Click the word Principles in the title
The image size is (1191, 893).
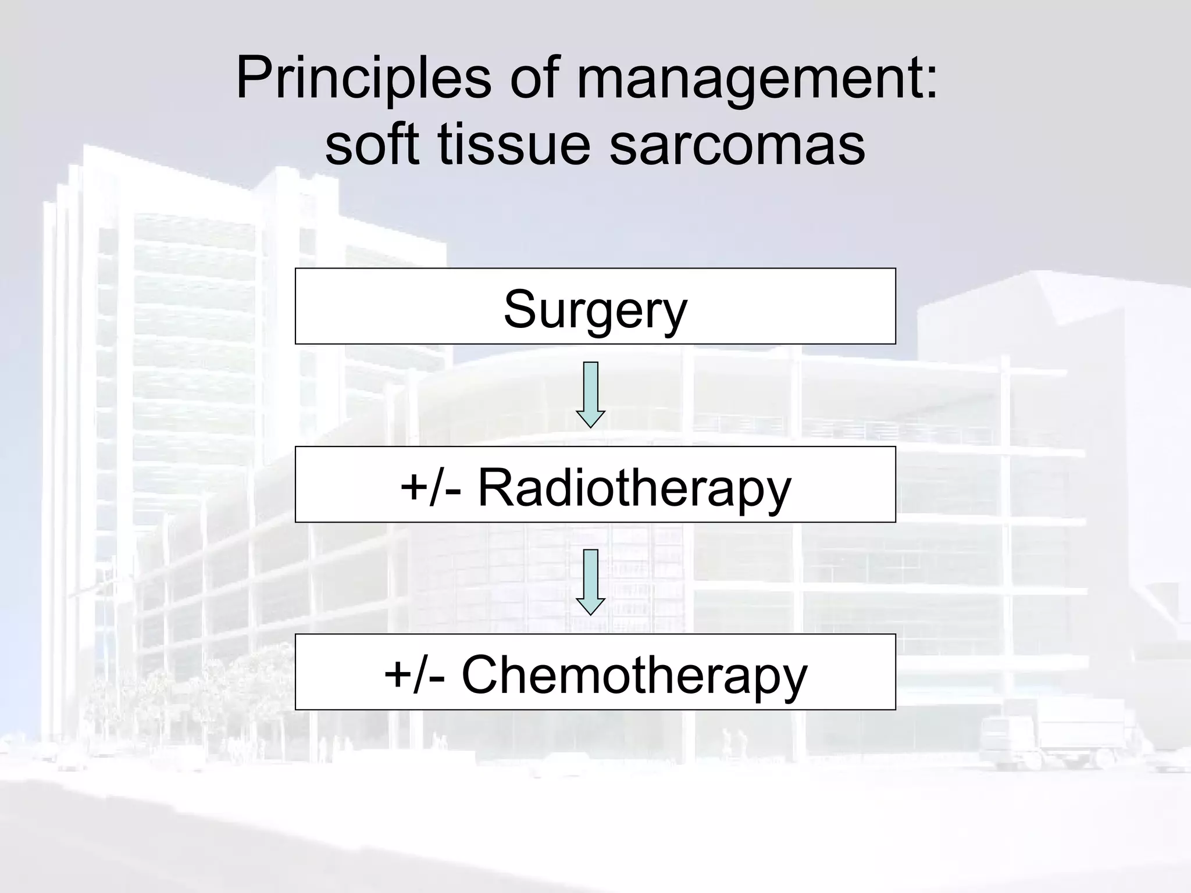tap(363, 78)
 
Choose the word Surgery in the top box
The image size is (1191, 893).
tap(595, 309)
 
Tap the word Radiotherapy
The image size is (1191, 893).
tap(634, 487)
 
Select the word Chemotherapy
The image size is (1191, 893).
tap(634, 674)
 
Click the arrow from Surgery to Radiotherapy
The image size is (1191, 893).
tap(591, 394)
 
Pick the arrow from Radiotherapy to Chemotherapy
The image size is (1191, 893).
tap(591, 581)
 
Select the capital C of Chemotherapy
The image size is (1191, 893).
tap(482, 674)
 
